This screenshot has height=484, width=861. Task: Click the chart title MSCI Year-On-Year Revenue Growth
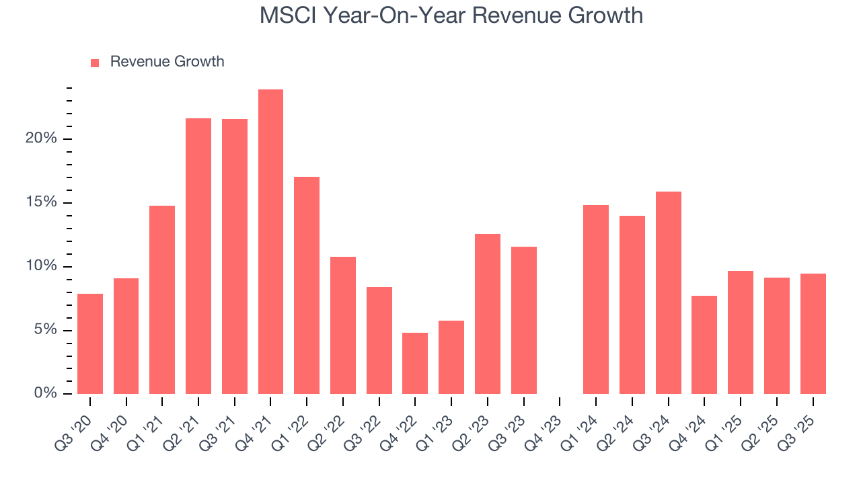451,15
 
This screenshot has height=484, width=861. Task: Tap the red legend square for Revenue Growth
95,63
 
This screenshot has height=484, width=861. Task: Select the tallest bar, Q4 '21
270,241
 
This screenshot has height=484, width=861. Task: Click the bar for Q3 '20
90,344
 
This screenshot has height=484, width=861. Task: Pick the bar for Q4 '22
415,363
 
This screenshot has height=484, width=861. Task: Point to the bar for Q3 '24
668,292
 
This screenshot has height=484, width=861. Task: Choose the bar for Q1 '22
307,285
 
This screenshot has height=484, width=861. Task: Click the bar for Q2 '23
487,313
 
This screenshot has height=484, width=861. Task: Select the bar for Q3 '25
813,333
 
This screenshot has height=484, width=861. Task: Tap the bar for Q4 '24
704,344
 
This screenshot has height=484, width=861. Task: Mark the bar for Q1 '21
162,299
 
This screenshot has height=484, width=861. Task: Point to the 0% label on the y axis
46,393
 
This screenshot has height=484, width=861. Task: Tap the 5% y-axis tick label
46,330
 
